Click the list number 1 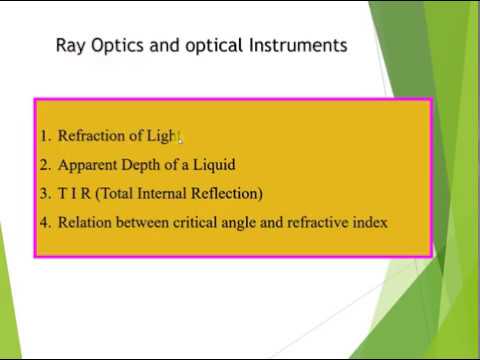click(x=45, y=136)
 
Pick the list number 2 click(x=45, y=165)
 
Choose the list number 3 click(x=45, y=193)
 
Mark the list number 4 click(x=45, y=222)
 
